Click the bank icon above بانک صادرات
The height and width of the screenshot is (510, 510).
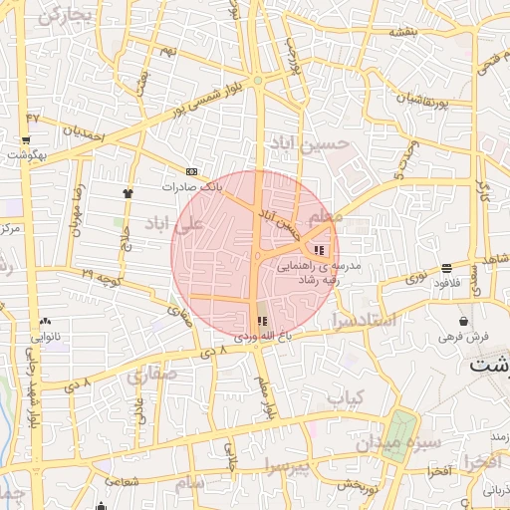click(191, 170)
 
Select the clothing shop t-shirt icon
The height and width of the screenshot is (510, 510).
click(127, 193)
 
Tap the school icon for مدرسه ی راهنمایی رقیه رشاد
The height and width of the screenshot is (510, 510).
click(320, 250)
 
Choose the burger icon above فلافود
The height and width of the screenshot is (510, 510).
click(444, 268)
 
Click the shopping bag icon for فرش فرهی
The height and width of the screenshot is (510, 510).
click(465, 322)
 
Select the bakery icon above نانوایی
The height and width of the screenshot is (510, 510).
click(46, 322)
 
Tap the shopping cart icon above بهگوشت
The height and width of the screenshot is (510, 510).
click(27, 140)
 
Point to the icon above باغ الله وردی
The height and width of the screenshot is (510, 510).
click(262, 321)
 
